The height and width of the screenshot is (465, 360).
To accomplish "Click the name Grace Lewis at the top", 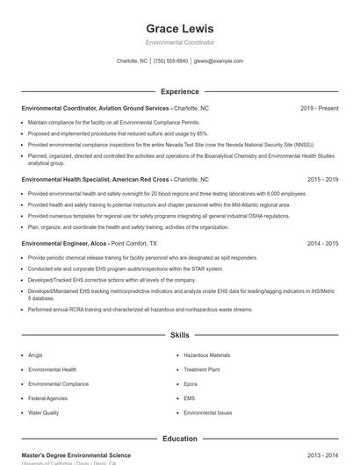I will tap(179, 28).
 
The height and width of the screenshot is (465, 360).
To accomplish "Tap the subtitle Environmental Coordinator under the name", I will tap(179, 42).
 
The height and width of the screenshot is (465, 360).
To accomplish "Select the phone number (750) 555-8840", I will tap(170, 61).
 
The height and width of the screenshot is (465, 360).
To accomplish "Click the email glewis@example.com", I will tap(219, 61).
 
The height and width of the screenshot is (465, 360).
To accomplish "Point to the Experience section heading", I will tap(179, 91).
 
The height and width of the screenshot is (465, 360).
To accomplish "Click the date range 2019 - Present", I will tap(319, 108).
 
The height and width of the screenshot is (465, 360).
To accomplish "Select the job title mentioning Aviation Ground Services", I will tap(96, 108).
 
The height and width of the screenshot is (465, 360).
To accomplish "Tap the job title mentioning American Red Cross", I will tap(97, 179).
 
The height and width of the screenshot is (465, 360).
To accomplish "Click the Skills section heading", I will tap(179, 335).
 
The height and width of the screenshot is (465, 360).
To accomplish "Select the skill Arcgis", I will tap(35, 355).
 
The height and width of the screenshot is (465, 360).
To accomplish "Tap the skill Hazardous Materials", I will tap(207, 355).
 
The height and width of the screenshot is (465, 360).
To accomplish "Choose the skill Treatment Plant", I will tap(202, 369).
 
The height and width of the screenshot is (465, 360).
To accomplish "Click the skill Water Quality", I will tap(44, 412).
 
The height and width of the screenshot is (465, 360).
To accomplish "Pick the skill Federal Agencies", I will tap(48, 398).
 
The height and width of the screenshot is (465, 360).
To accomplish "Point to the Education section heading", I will tap(179, 439).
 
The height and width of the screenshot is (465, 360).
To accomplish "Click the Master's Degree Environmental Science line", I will tap(76, 455).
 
